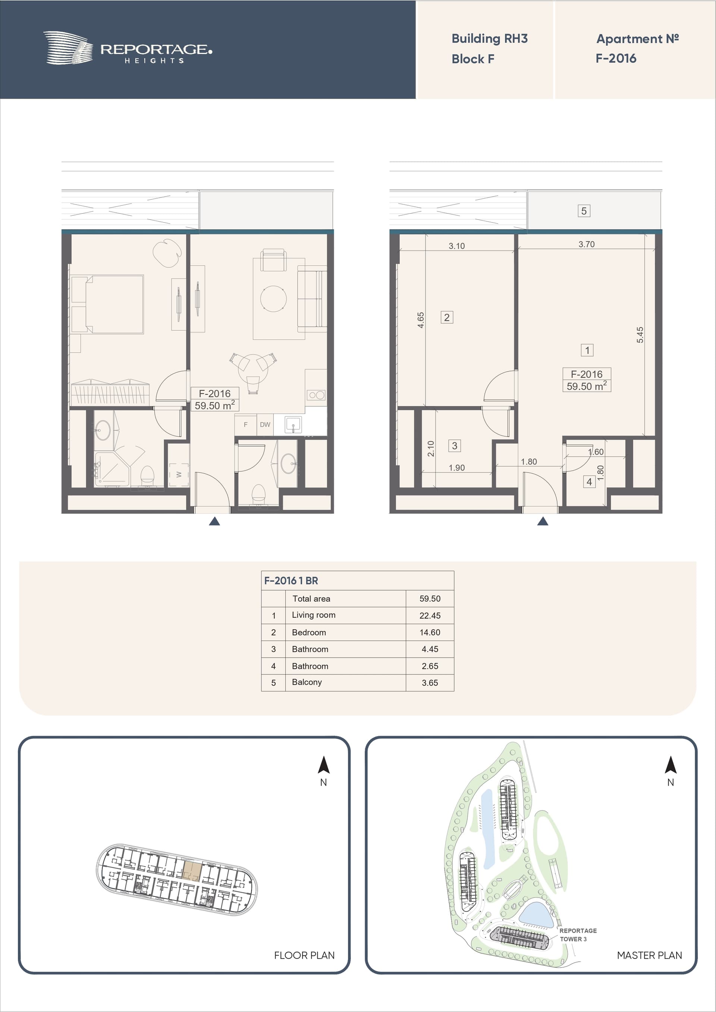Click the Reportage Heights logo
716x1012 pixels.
[128, 48]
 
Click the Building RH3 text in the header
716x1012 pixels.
[489, 39]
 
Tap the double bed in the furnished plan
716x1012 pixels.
[107, 304]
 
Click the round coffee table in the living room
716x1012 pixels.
[273, 298]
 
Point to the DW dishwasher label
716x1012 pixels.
[265, 424]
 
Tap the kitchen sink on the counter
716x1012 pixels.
[293, 425]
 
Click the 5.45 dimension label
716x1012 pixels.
[640, 335]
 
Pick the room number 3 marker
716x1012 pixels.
[454, 446]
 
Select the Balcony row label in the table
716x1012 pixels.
[307, 682]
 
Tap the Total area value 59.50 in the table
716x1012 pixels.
[430, 598]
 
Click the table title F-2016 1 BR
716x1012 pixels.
[291, 581]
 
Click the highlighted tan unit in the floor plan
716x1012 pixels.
[192, 870]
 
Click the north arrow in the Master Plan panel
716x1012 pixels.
[671, 765]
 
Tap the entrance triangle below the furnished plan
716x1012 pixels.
[214, 521]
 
